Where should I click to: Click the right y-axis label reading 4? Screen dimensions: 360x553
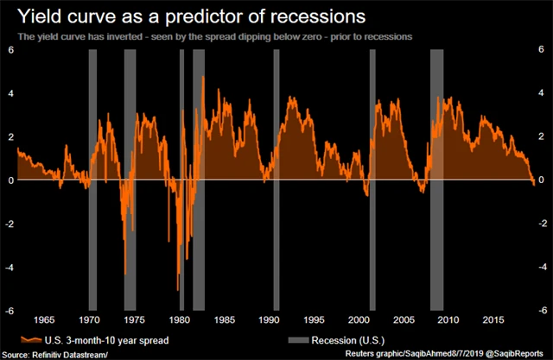point(541,93)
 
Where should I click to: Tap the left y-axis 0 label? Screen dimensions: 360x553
point(10,180)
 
